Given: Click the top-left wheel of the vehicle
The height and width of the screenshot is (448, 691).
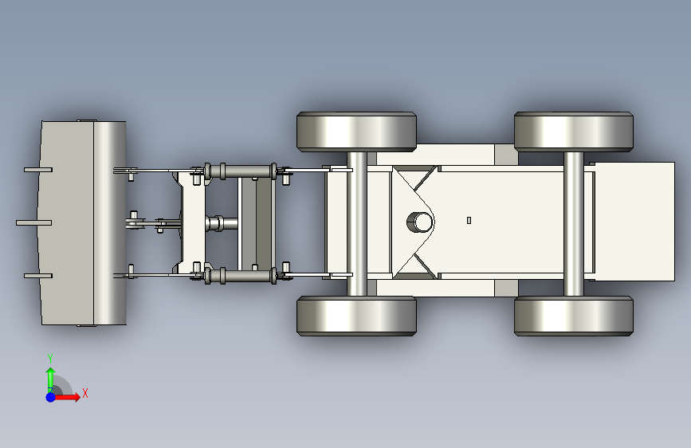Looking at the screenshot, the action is point(356,132).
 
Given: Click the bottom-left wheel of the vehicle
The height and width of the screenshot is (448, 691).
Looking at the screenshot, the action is point(356,316).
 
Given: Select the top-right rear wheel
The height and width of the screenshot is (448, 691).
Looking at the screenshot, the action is point(574,132).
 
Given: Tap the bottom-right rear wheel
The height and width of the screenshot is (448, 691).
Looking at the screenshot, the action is point(574,316).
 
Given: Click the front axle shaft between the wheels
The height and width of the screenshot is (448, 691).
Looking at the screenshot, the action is point(356,223).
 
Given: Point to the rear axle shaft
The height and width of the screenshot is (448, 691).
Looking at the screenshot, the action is point(573,223).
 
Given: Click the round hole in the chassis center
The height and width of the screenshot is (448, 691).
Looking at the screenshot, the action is point(420,222).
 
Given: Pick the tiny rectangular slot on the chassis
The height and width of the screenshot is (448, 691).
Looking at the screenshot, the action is point(469,220).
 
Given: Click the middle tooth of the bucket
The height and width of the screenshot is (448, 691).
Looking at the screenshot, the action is point(34,222).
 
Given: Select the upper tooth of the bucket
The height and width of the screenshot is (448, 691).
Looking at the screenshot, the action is point(38,170).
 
